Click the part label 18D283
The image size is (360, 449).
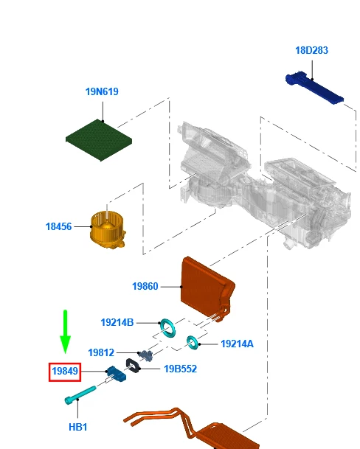tap(311, 51)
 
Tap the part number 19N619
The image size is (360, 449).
tap(102, 92)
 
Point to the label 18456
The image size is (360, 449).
tap(59, 226)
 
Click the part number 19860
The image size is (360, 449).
tap(145, 286)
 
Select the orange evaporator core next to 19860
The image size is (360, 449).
tap(207, 289)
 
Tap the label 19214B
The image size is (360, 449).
tap(117, 322)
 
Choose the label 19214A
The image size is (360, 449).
tap(237, 344)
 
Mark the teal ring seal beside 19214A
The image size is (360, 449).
tap(193, 341)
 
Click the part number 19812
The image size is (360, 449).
tap(101, 353)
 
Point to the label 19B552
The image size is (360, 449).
tap(181, 369)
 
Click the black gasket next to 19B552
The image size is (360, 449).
tap(135, 366)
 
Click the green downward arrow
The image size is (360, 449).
tap(65, 332)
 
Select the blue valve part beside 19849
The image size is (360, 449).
tap(117, 374)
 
